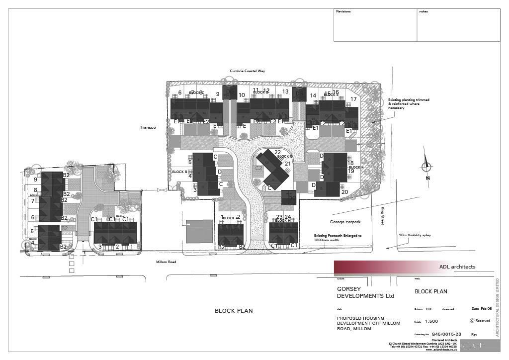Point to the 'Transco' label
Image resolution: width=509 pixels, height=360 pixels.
[148, 128]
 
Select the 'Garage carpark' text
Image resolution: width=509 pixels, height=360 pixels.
[344, 222]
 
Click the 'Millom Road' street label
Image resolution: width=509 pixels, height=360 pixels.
[167, 262]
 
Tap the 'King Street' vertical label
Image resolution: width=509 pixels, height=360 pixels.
[383, 216]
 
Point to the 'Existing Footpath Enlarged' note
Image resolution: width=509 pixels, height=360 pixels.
[338, 238]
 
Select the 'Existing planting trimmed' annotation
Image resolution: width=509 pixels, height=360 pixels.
[409, 103]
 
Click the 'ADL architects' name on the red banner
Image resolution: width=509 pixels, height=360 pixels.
[457, 267]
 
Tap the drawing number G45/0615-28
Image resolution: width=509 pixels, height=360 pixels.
[446, 334]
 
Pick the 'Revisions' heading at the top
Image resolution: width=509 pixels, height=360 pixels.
[343, 11]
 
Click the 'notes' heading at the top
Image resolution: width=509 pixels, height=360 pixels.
[423, 11]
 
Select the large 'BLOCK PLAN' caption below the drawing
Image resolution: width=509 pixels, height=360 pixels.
[234, 311]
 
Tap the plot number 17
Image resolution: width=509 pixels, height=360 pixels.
[353, 99]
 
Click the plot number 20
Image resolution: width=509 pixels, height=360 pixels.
[344, 192]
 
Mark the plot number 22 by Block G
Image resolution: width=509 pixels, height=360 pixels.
[277, 152]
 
